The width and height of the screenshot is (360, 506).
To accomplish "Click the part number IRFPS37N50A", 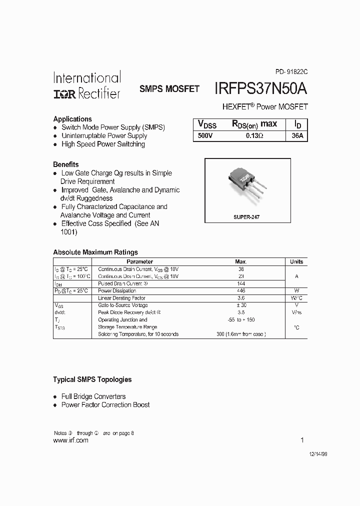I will tap(260, 88).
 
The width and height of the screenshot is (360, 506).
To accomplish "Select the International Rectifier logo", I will tap(87, 85).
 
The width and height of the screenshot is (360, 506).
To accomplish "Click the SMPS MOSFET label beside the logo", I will tap(169, 89).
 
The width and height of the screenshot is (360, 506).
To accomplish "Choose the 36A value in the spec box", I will tap(297, 135).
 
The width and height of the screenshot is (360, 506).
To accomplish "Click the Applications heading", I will tap(72, 119).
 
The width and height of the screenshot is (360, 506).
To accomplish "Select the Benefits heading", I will tap(66, 164).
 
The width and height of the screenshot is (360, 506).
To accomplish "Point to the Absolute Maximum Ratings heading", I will tap(95, 252).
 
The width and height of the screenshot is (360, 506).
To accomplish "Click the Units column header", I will tap(296, 261).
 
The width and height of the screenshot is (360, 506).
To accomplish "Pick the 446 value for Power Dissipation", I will tap(241, 290).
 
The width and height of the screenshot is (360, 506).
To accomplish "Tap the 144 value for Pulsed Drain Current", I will tap(241, 283).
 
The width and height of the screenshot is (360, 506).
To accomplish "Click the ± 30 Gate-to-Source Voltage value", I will tap(241, 305).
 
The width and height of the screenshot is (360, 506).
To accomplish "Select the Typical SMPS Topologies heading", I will tap(92, 379).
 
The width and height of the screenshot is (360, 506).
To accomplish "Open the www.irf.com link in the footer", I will tap(70, 440).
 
